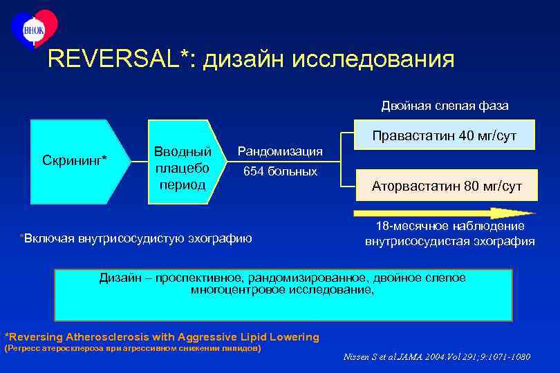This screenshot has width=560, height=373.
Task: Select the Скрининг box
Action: point(76,161)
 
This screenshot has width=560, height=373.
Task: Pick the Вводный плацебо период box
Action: point(184,166)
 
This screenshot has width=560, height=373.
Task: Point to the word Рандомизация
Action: point(280,151)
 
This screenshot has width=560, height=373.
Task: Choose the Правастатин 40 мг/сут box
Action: point(445,135)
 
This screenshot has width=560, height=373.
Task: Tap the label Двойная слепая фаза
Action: point(445,106)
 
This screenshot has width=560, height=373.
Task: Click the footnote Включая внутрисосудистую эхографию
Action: point(137,239)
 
